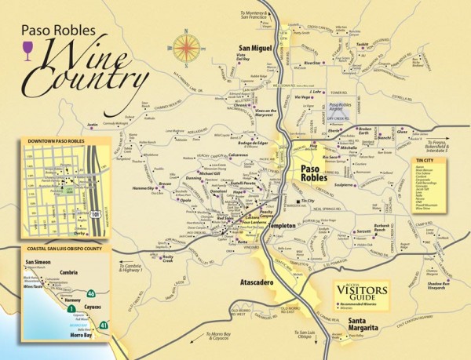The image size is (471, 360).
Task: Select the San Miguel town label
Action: point(254,49)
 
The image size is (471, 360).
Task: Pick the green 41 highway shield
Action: point(104,324)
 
